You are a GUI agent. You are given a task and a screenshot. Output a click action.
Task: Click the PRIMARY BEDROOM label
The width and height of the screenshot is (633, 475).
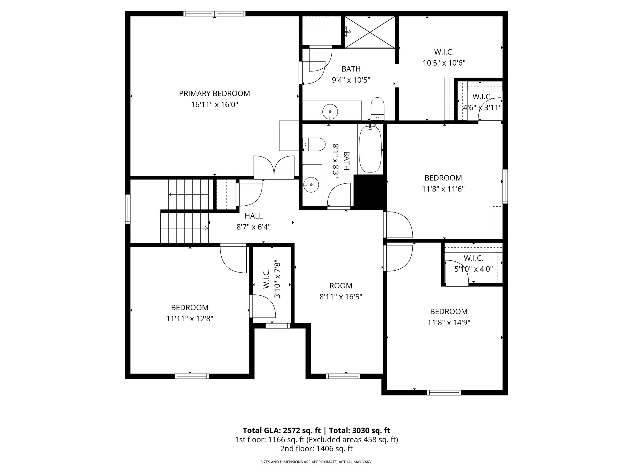214,93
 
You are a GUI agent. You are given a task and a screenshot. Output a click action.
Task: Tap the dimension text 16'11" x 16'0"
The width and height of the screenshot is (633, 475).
214,105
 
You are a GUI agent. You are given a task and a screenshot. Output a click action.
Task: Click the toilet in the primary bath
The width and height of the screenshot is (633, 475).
377,109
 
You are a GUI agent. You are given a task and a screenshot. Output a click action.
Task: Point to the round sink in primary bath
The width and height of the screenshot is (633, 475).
330,111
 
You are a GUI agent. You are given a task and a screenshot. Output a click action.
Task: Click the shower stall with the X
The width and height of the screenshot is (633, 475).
370,32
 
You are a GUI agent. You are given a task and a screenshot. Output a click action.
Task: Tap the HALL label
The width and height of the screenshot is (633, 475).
253,216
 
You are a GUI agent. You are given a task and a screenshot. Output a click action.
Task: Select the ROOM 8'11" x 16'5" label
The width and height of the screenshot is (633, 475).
341,291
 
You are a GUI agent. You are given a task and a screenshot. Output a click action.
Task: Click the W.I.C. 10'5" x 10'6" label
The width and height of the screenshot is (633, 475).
444,58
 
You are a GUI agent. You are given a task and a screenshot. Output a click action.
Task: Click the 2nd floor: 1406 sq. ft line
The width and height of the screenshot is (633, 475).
316,449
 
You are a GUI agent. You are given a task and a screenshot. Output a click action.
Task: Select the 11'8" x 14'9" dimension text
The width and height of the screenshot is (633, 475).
449,323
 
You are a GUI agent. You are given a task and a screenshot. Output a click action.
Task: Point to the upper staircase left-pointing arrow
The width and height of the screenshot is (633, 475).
171,195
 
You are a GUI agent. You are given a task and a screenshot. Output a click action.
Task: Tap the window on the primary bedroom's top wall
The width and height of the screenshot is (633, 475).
214,14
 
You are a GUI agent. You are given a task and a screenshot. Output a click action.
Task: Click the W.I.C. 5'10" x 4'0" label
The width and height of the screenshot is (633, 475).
473,263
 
